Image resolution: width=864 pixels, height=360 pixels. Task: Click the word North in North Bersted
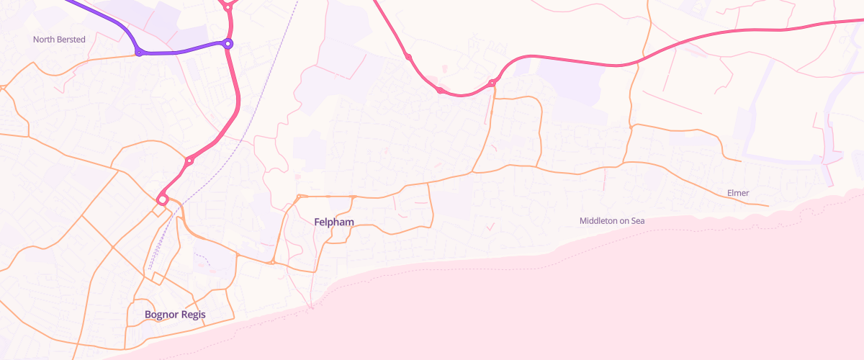pos(44,40)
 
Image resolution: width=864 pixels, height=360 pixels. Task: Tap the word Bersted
pos(71,40)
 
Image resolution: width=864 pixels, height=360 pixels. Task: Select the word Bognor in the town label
pos(161,315)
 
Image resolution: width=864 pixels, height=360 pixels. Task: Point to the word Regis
pos(193,315)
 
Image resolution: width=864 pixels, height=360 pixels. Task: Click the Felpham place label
pos(334,222)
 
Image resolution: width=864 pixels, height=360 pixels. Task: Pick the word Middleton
pos(599,221)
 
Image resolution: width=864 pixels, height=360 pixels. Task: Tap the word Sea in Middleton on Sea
pos(637,221)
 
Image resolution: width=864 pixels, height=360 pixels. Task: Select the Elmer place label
pos(739,193)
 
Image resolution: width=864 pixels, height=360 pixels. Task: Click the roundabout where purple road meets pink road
pos(228,44)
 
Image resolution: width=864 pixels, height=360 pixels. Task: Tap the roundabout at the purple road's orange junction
pos(138,53)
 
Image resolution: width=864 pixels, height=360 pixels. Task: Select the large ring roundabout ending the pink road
pos(163,199)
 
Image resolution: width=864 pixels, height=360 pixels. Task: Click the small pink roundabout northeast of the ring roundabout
pos(189,161)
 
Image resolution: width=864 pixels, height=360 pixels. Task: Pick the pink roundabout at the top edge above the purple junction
pos(228,7)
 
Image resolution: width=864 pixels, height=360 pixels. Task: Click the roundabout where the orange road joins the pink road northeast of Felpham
pos(492,84)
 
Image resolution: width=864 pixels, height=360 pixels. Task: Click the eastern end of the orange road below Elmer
pos(768,206)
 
